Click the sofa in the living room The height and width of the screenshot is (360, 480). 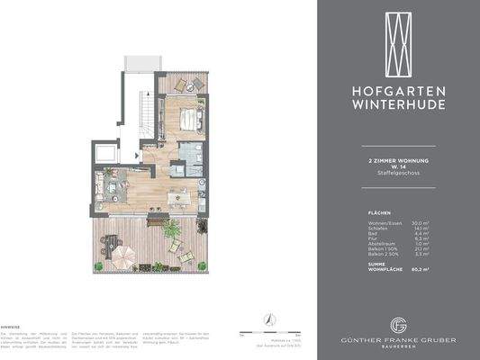tap(112, 190)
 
